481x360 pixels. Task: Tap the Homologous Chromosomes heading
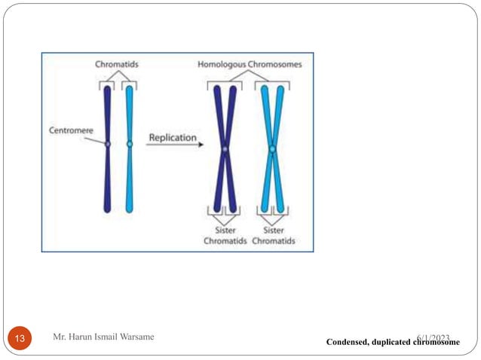pos(250,65)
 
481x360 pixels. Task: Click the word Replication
pos(173,138)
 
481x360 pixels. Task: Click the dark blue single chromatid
pos(108,173)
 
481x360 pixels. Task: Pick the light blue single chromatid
pos(130,173)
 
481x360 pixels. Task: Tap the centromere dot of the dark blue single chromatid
pos(108,144)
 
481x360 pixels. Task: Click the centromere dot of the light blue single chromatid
pos(130,144)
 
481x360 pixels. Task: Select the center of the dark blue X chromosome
pos(225,149)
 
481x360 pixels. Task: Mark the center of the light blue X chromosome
pos(272,149)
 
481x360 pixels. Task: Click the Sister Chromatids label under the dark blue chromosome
pos(224,236)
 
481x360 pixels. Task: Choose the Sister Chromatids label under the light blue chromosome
pos(273,236)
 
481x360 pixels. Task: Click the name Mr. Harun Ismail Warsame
pos(104,336)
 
